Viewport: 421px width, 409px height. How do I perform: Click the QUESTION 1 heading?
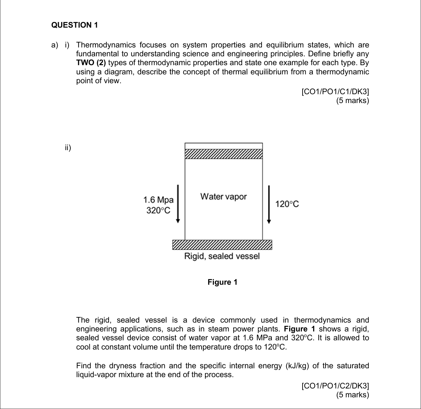point(75,25)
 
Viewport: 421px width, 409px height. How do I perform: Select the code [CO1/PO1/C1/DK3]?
point(335,92)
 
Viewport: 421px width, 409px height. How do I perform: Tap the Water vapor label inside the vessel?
point(223,197)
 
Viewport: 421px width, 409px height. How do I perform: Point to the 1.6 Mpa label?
point(158,200)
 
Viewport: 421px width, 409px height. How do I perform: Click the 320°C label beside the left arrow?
point(158,210)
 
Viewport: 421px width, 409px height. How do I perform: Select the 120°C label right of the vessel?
point(287,204)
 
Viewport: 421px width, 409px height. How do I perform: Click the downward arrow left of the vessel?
point(179,204)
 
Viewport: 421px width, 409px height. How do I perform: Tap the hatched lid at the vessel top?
point(223,154)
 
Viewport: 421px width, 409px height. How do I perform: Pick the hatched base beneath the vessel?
point(222,245)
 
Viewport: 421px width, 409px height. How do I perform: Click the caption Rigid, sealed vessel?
point(222,256)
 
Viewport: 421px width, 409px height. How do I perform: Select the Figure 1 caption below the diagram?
point(223,282)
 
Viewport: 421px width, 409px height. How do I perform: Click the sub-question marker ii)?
point(68,148)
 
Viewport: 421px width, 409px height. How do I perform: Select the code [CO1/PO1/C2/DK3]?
point(335,386)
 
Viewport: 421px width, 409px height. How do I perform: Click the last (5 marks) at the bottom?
point(352,395)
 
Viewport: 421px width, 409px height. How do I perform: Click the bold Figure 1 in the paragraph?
point(299,329)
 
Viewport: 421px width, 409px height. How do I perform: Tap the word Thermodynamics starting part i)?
point(106,45)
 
